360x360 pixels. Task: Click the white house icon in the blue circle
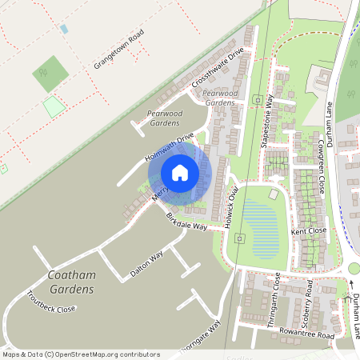[x=180, y=173]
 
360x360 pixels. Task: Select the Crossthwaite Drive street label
[x=217, y=69]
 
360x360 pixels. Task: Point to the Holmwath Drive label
[x=170, y=147]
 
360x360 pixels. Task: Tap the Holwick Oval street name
[x=234, y=207]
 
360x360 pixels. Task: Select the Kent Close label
[x=310, y=231]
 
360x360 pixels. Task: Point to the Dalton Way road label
[x=145, y=264]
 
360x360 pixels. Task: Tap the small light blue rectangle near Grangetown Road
[x=63, y=29]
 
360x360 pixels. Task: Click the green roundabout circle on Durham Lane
[x=354, y=269]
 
